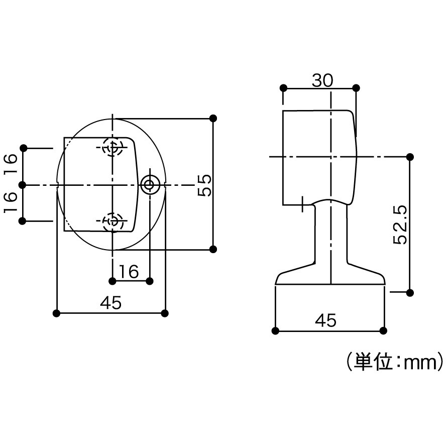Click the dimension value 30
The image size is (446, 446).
point(322,80)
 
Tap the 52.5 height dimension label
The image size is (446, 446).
point(400,225)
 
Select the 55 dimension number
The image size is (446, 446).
point(205,185)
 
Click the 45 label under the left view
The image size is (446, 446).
point(110,302)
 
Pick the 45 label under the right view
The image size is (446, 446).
point(325,320)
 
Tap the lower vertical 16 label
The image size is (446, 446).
point(11,202)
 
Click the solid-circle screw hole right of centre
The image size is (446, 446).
point(150,185)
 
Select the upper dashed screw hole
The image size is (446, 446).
point(113,147)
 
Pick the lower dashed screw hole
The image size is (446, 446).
point(113,221)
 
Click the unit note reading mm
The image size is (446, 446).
point(419,363)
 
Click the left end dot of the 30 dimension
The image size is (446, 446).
point(283,88)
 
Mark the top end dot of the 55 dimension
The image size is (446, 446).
point(213,118)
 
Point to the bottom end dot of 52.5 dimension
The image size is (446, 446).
point(410,293)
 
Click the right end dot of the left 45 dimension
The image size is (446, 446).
point(165,313)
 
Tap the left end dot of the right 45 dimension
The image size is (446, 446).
point(275,331)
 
